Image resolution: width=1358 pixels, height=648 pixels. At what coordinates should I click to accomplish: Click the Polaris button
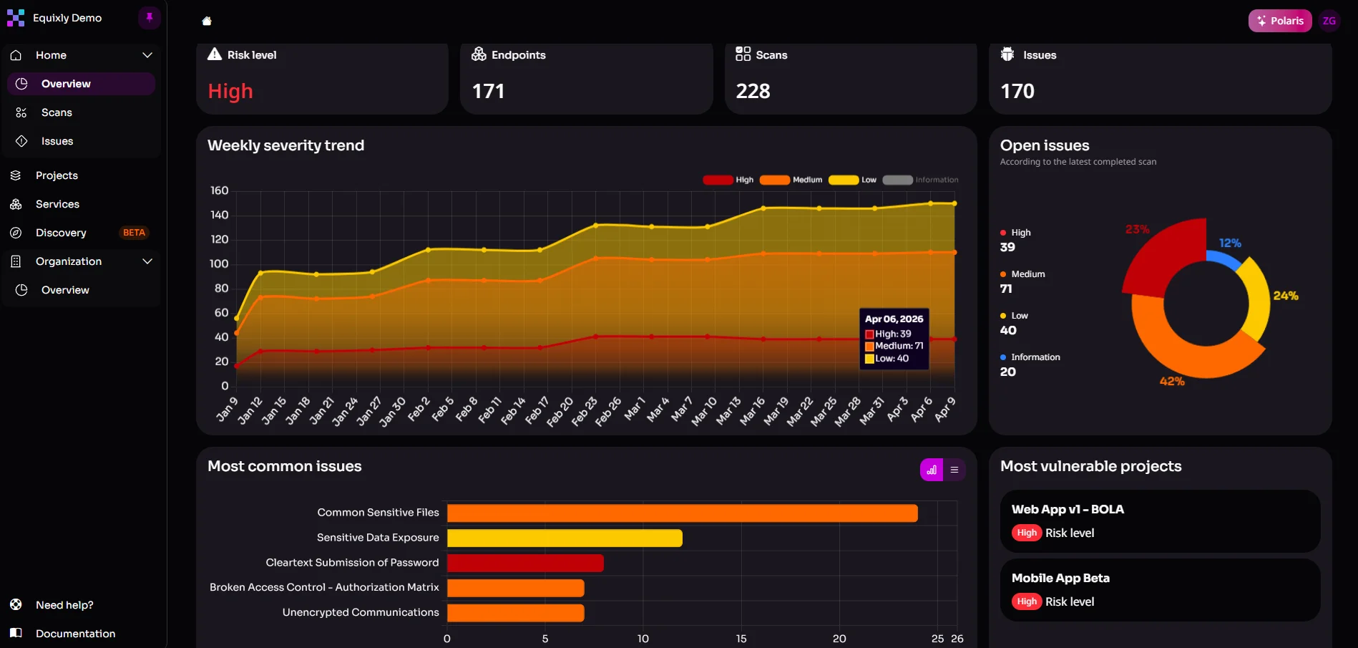point(1280,21)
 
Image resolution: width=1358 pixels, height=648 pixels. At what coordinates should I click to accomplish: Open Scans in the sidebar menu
point(57,112)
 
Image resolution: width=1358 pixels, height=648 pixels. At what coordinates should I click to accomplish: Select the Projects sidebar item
point(57,175)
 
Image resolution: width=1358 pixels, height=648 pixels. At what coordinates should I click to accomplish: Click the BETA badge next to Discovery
point(134,233)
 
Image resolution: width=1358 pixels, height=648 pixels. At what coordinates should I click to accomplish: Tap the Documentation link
point(75,634)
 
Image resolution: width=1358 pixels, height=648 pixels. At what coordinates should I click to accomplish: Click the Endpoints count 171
point(489,91)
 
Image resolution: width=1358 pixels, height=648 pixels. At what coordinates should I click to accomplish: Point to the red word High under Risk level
point(230,91)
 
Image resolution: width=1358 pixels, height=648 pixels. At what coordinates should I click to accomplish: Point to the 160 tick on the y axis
point(219,190)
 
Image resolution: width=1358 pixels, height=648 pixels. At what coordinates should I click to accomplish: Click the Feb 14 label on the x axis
point(514,411)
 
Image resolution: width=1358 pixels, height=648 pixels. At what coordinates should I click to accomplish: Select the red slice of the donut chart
point(1159,258)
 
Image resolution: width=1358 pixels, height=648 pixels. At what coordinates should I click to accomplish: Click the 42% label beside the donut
point(1172,381)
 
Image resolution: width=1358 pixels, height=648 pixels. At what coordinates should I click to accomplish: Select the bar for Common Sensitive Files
point(682,513)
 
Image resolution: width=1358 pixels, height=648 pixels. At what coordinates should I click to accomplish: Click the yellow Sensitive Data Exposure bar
point(565,538)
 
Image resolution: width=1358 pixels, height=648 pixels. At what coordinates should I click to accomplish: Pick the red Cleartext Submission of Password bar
point(525,564)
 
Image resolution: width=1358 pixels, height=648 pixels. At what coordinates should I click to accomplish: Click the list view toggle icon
point(954,470)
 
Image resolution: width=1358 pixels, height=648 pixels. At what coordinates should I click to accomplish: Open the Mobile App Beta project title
point(1060,578)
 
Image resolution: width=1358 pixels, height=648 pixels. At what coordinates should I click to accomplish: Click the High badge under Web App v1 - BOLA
point(1027,533)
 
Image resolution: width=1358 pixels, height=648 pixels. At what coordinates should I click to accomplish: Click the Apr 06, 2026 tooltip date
point(894,319)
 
